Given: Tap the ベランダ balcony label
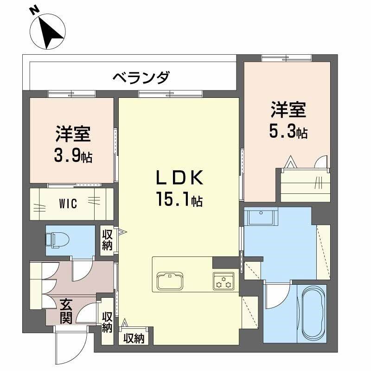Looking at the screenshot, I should point(141,77).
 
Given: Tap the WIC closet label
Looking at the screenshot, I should point(68,203).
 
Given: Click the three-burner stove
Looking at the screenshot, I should point(224,281).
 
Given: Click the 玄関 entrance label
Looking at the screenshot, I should point(66,312).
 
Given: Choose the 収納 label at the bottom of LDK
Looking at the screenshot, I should point(134,339).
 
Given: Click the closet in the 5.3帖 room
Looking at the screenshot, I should point(306,184).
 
